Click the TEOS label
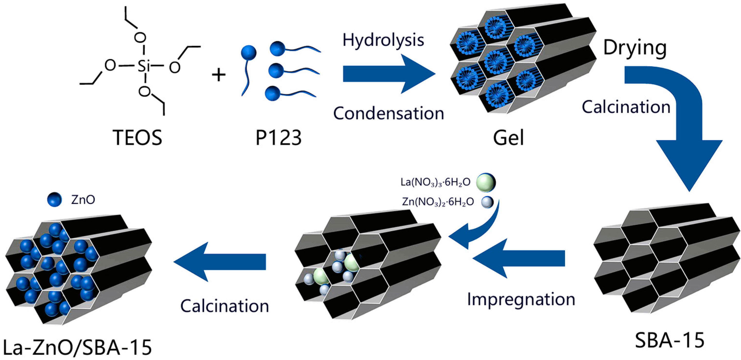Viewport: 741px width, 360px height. [x=137, y=137]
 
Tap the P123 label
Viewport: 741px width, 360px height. [x=278, y=137]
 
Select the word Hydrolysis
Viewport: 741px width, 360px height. [x=383, y=40]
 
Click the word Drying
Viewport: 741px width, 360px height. [x=635, y=48]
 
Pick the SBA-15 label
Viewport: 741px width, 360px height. [x=670, y=340]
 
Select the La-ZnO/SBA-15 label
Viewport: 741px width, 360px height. [x=77, y=347]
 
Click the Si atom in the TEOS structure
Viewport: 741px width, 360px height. [x=144, y=66]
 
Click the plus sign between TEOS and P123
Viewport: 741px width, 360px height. [x=219, y=75]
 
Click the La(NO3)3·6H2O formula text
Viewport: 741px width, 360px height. [x=435, y=182]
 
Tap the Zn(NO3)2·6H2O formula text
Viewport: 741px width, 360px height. [x=438, y=202]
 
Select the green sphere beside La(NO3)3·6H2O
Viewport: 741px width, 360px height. [x=486, y=182]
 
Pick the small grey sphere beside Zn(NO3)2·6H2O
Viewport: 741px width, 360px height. [x=487, y=202]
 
